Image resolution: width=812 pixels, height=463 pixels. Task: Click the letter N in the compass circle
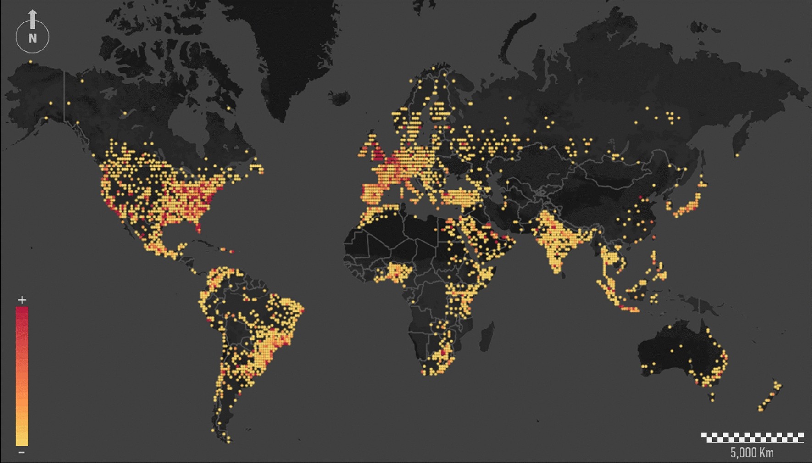[x=33, y=38]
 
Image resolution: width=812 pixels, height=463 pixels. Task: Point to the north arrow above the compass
[x=33, y=18]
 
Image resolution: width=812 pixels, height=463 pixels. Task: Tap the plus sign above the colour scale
[x=22, y=300]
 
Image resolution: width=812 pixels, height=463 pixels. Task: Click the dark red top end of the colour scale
[x=22, y=312]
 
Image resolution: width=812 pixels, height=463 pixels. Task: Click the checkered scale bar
[x=752, y=437]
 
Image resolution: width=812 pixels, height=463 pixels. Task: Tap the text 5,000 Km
[x=752, y=453]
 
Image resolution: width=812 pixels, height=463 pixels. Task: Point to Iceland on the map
[x=340, y=98]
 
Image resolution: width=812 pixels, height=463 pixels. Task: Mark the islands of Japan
[x=690, y=204]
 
